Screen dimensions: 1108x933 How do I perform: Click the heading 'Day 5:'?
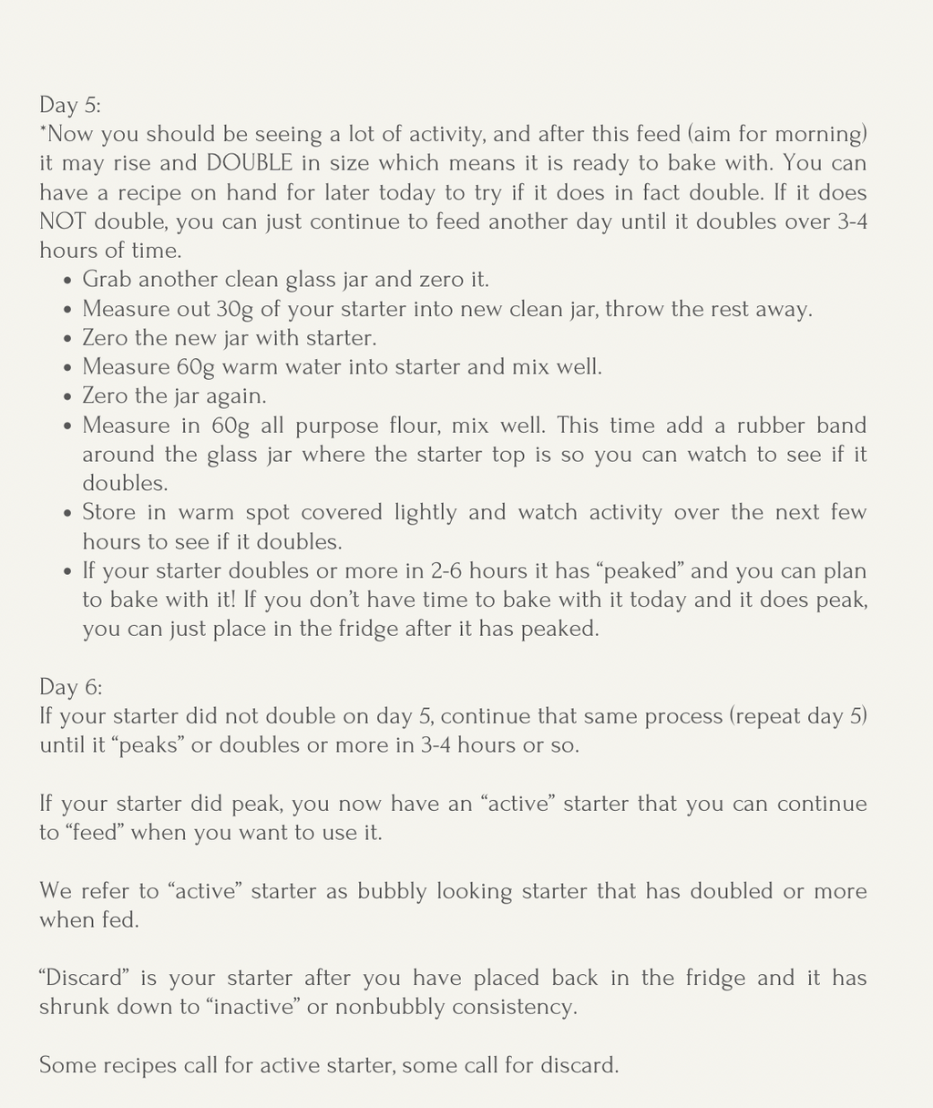pos(70,105)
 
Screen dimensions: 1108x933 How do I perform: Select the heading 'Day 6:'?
pos(70,687)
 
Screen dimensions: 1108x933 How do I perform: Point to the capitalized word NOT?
pos(63,221)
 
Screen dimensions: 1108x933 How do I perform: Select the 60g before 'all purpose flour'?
pos(193,426)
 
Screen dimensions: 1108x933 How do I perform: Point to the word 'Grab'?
pos(105,280)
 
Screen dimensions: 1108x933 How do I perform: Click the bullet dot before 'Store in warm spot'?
pos(68,513)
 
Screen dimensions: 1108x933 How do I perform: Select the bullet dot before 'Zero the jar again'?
pos(68,396)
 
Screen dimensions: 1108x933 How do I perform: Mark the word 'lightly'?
pos(425,513)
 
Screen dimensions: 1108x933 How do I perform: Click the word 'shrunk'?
pos(74,1007)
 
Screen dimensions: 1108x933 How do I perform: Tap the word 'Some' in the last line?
pos(67,1065)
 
